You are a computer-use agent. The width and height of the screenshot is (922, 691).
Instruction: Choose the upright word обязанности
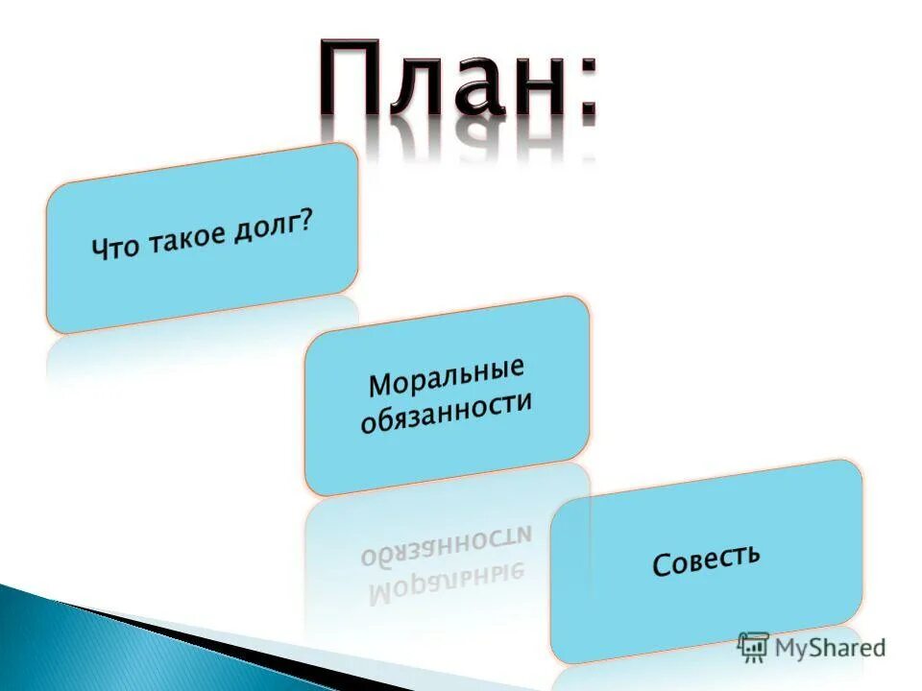click(446, 413)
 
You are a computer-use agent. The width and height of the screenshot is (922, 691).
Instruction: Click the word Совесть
click(706, 560)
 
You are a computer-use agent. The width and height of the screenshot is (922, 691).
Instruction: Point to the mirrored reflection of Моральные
click(446, 585)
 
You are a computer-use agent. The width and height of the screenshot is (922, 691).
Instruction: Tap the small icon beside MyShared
click(753, 647)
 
